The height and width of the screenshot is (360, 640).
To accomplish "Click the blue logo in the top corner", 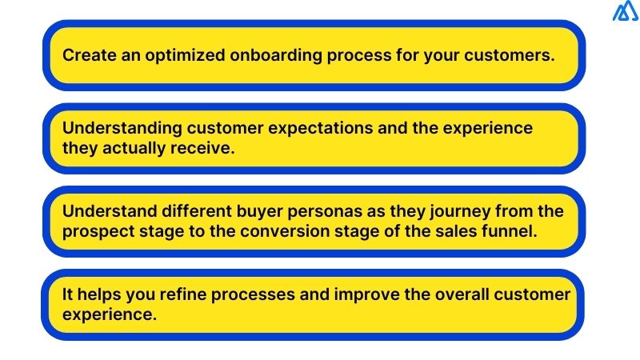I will pos(623,12).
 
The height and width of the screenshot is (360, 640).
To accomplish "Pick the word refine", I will pos(166,294).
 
